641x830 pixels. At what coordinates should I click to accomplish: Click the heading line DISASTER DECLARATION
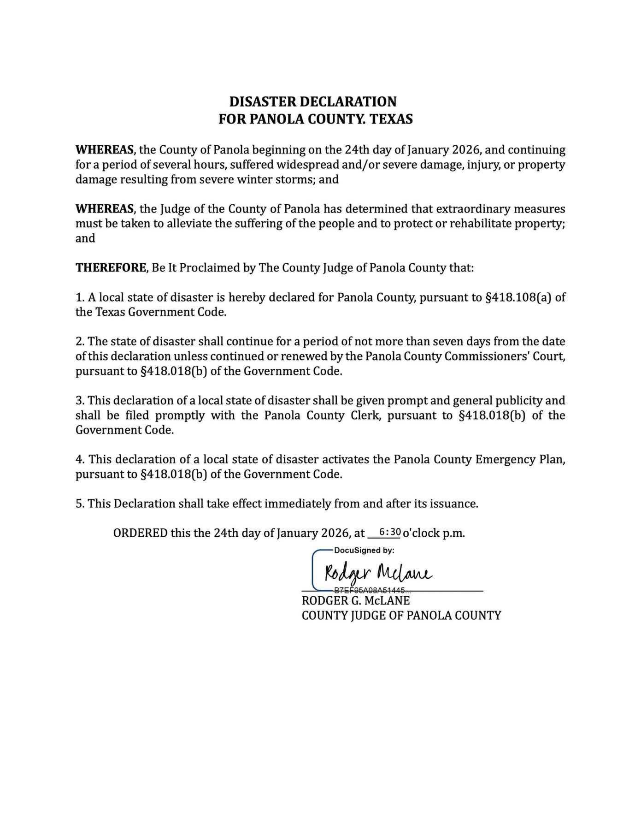313,102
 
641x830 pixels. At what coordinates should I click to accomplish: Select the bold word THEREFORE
111,268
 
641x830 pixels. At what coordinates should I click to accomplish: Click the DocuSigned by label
364,551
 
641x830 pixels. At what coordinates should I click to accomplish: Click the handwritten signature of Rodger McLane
378,573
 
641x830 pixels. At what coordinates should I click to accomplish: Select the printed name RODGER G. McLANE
356,601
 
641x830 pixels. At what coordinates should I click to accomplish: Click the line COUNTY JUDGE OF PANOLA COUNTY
401,616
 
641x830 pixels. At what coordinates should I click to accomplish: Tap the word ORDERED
140,534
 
